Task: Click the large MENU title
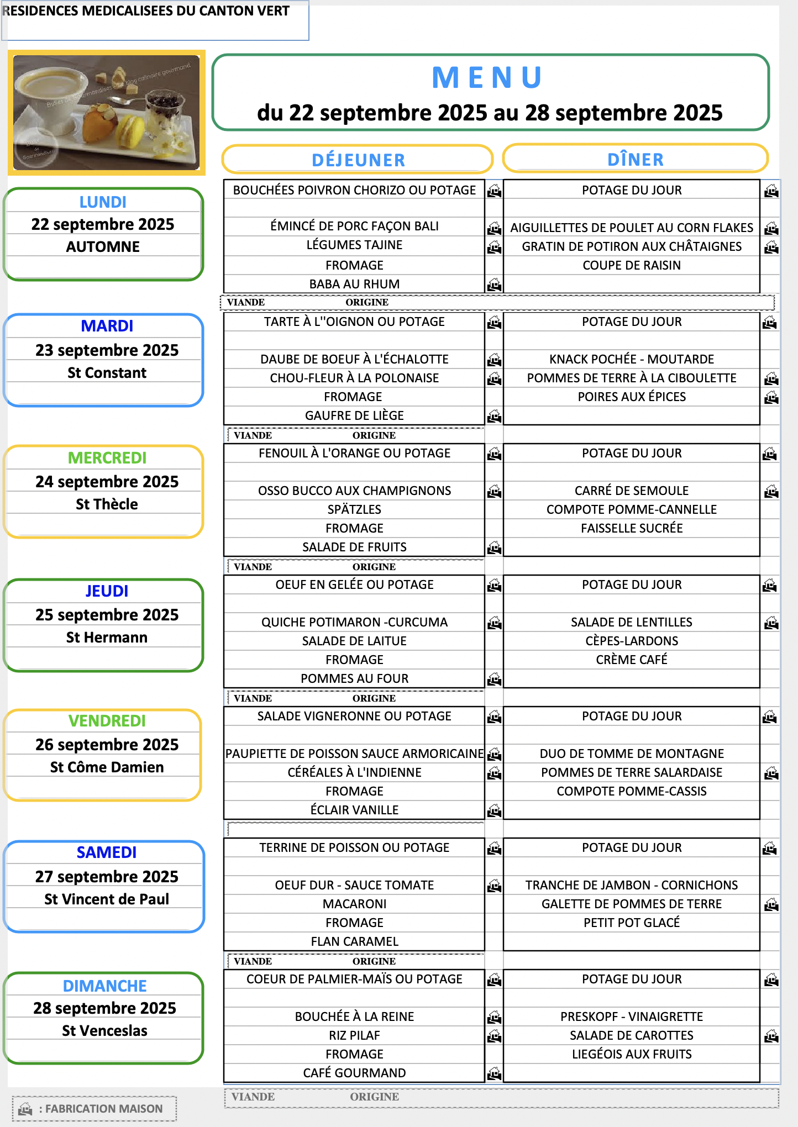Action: [x=487, y=77]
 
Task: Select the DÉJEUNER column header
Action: [x=358, y=160]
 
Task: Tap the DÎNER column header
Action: [x=635, y=160]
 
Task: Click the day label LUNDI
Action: [x=103, y=202]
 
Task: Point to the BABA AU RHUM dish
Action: [x=354, y=284]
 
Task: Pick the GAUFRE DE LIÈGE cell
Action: [x=354, y=415]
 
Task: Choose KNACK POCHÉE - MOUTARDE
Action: [x=631, y=359]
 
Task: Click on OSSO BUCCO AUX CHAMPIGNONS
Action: [x=354, y=491]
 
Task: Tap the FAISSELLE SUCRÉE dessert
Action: [x=631, y=528]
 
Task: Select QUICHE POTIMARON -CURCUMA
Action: [x=354, y=622]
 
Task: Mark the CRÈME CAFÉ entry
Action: [x=631, y=660]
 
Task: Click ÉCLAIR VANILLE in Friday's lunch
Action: [x=354, y=810]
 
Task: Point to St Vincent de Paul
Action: [x=107, y=899]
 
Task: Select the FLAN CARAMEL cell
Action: [x=354, y=941]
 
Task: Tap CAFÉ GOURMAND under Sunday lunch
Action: [x=354, y=1073]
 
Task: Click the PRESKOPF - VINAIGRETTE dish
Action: [x=631, y=1017]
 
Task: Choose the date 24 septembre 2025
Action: [x=107, y=482]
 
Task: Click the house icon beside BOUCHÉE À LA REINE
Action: [x=495, y=1017]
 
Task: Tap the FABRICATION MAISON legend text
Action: [x=104, y=1109]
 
